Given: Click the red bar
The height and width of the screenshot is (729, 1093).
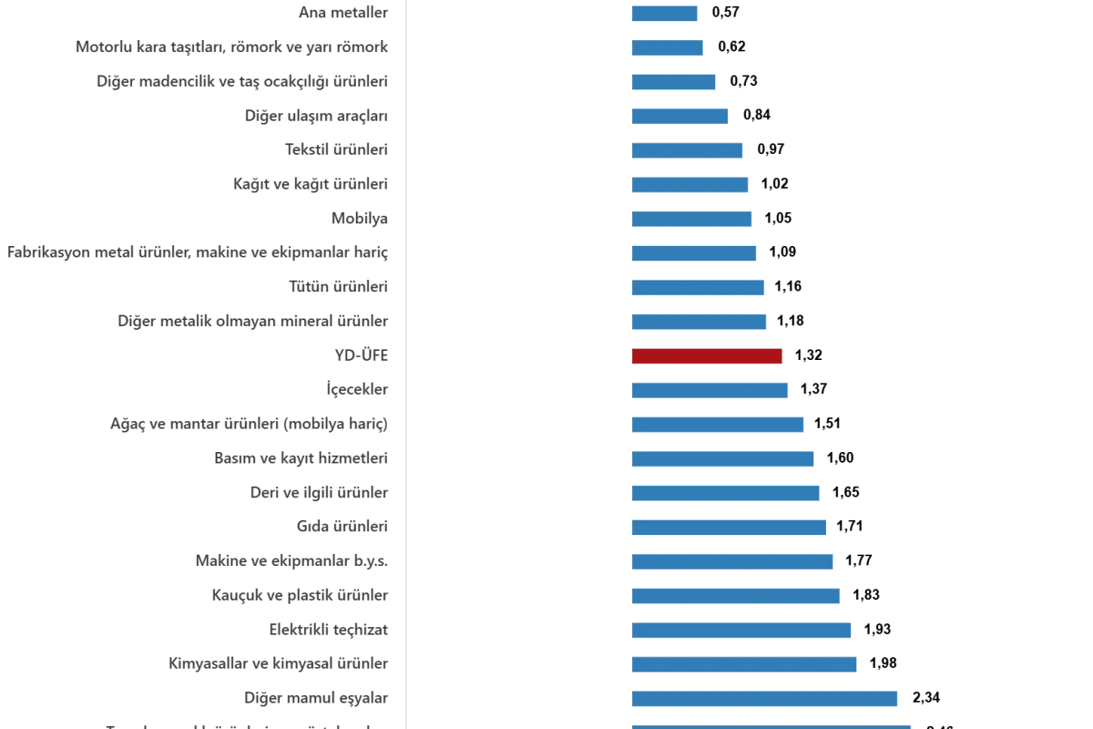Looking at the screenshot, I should point(707,355).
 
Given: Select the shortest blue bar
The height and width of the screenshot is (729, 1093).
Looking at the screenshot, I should point(663,13).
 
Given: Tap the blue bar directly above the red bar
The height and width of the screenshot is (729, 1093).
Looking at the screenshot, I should point(700,323).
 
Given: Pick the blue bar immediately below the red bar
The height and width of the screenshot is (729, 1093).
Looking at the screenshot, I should point(710,390).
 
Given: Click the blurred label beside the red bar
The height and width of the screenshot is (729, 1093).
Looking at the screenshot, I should point(361,354).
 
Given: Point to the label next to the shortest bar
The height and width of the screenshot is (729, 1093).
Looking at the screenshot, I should point(342,13).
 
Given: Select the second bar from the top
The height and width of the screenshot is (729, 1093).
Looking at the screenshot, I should point(667,47).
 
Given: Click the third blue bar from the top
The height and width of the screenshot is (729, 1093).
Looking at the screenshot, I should point(674,82).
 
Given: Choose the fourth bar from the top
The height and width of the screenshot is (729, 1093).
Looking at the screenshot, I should point(678,115).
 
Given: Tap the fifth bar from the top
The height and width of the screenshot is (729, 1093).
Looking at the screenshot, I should point(685,149).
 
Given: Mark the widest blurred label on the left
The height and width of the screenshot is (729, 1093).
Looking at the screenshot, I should point(200,252).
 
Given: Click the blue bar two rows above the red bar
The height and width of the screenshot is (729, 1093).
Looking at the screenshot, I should point(696,288).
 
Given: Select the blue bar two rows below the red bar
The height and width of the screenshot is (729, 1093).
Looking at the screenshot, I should point(718,426).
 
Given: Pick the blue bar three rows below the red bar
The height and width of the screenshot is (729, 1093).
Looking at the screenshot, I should point(721,458).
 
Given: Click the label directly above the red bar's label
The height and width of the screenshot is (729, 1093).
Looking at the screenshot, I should point(255,321).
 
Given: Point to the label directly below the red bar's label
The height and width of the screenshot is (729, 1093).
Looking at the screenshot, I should point(356,391).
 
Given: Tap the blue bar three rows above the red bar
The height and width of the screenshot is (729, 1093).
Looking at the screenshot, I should point(692,252).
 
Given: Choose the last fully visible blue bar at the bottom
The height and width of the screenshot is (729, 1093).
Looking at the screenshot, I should point(765,698).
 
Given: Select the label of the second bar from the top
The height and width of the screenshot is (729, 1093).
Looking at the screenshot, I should point(233,47).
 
